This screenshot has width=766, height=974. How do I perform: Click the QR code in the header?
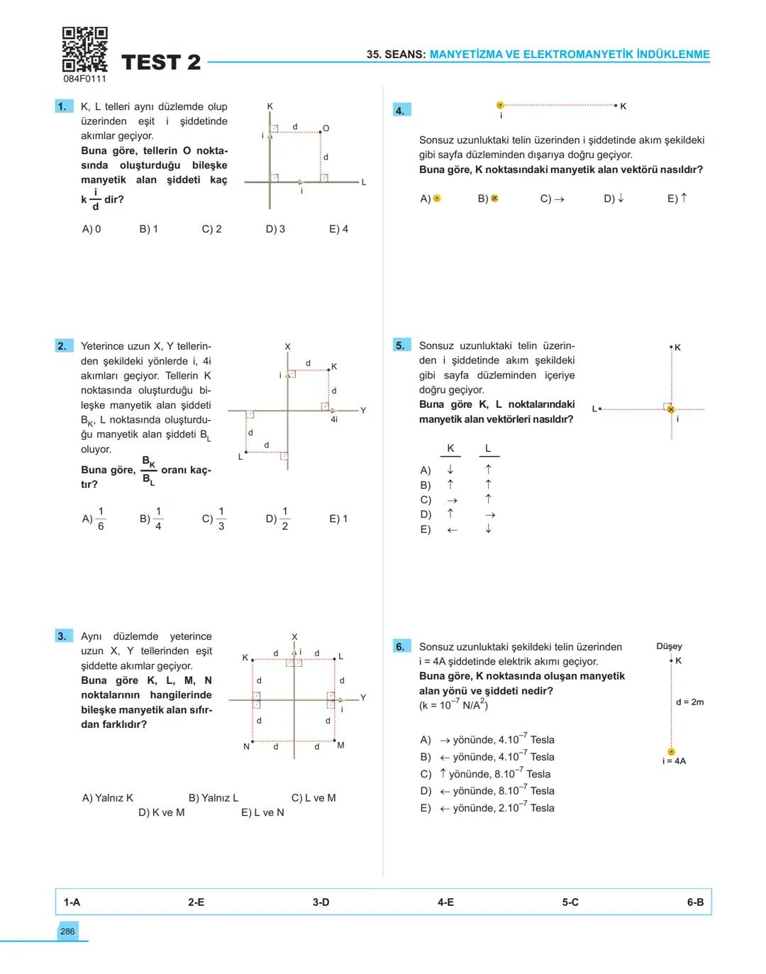pyautogui.click(x=84, y=50)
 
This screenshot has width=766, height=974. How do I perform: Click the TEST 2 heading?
pyautogui.click(x=161, y=62)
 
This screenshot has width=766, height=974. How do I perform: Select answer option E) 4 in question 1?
pyautogui.click(x=338, y=229)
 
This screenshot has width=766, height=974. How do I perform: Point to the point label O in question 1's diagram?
pyautogui.click(x=326, y=128)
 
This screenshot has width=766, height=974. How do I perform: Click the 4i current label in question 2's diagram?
pyautogui.click(x=334, y=419)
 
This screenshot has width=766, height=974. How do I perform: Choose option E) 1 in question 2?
pyautogui.click(x=338, y=519)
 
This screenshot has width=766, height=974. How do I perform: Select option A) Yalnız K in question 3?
pyautogui.click(x=108, y=798)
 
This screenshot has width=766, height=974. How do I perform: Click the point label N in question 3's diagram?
pyautogui.click(x=247, y=746)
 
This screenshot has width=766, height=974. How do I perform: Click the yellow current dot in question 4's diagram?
pyautogui.click(x=500, y=105)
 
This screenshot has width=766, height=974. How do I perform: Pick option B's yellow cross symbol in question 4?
pyautogui.click(x=494, y=199)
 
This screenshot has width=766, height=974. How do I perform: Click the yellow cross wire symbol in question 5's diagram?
pyautogui.click(x=671, y=409)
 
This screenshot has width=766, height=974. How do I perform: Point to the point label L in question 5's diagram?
pyautogui.click(x=594, y=408)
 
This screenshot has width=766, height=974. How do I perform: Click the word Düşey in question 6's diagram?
pyautogui.click(x=669, y=646)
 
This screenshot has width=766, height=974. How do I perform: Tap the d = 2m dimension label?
pyautogui.click(x=689, y=702)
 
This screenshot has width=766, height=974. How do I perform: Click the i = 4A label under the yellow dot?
pyautogui.click(x=673, y=761)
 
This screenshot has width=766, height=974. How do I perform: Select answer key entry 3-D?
pyautogui.click(x=321, y=902)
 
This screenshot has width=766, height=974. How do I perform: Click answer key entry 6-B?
pyautogui.click(x=695, y=902)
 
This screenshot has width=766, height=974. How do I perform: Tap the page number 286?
pyautogui.click(x=67, y=931)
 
